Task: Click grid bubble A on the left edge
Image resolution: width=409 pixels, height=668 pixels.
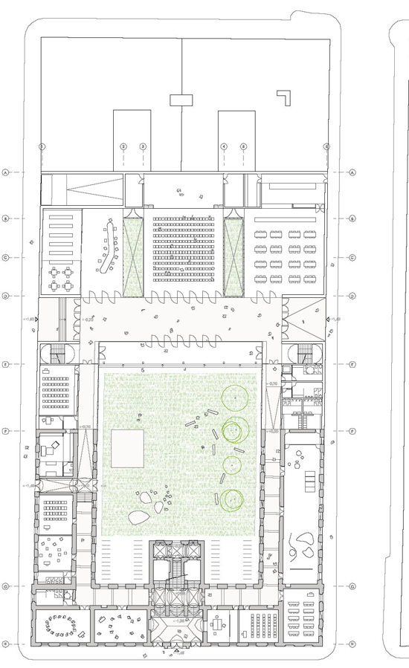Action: (6, 172)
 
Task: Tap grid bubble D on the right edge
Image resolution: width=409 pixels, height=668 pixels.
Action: (352, 296)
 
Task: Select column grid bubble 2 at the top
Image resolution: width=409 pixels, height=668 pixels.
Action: (123, 146)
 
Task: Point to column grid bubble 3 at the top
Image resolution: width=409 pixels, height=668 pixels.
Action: (143, 146)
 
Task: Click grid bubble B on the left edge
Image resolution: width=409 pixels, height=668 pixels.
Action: (6, 218)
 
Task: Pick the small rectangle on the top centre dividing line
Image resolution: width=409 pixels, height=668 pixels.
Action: (181, 99)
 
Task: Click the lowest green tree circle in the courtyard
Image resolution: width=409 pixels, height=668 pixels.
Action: (231, 500)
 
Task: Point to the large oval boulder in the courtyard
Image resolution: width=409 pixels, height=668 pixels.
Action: (138, 519)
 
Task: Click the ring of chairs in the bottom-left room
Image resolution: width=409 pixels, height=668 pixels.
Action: (61, 628)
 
